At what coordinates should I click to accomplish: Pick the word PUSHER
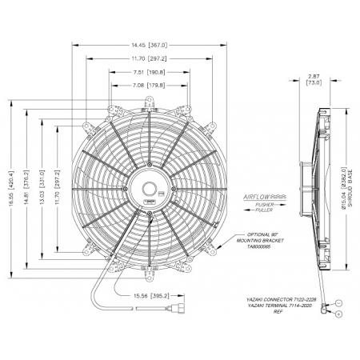(263, 204)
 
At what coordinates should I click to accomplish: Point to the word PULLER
(263, 210)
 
